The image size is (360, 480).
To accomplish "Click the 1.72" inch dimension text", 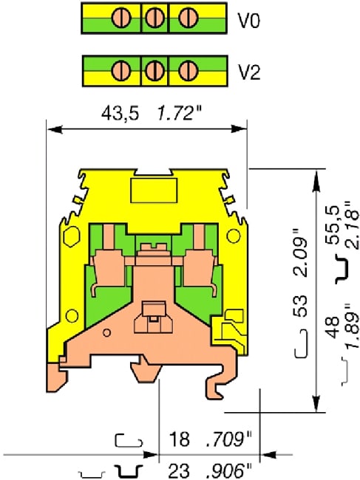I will [179, 115].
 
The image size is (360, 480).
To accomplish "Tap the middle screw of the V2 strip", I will [154, 72].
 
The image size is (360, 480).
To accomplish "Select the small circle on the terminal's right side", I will [234, 236].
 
